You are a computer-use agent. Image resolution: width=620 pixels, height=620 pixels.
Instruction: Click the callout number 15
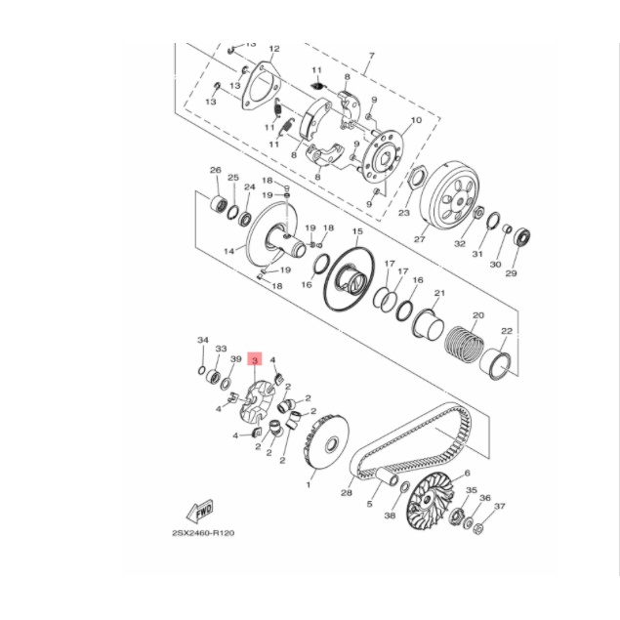357,232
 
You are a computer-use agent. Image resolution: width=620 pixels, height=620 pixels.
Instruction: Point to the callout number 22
506,331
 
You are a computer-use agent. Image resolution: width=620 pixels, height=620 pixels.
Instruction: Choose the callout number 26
215,171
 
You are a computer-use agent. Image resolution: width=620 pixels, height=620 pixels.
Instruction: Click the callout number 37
500,506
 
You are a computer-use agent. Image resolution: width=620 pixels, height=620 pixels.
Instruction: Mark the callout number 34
203,340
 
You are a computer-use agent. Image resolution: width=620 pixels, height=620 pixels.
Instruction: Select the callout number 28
346,494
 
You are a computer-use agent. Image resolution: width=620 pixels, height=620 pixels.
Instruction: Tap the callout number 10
416,120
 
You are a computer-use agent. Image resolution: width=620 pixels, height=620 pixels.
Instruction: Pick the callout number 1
310,484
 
